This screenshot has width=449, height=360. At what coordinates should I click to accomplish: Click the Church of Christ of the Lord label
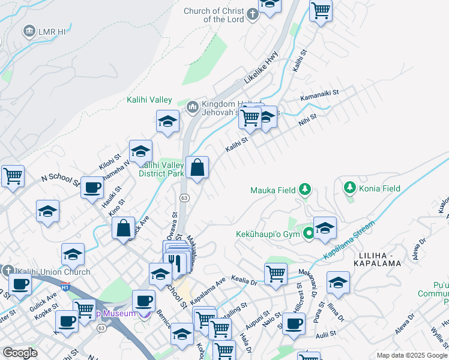tap(223, 15)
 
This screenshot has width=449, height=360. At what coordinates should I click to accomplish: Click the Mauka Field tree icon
tap(305, 190)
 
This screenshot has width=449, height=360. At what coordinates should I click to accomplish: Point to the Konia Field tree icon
tap(350, 188)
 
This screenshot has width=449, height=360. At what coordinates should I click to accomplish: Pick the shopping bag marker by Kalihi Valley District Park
tap(197, 168)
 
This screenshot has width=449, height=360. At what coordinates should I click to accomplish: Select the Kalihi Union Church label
tap(53, 272)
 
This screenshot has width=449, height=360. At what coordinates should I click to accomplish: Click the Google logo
tap(20, 353)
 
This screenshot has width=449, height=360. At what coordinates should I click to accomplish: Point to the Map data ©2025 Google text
tap(411, 355)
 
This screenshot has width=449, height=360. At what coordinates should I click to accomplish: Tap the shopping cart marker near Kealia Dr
tap(276, 274)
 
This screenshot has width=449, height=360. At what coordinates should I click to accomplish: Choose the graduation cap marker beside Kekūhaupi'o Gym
tap(325, 229)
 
